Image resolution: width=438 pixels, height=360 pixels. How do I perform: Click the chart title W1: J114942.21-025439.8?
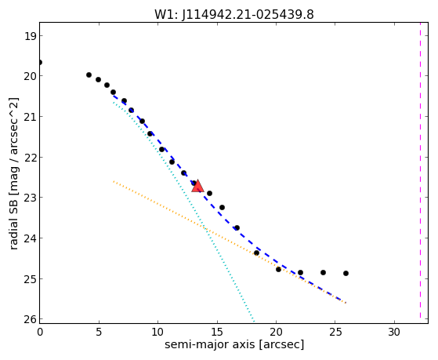pyautogui.click(x=234, y=14)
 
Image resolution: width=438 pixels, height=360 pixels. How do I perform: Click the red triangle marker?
pyautogui.click(x=197, y=187)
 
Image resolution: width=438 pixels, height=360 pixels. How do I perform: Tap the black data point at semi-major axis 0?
pyautogui.click(x=40, y=62)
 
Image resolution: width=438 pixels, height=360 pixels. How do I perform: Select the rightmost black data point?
pyautogui.click(x=346, y=273)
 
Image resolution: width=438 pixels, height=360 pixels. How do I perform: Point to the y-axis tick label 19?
pyautogui.click(x=30, y=36)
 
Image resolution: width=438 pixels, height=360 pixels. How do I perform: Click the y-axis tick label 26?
pyautogui.click(x=30, y=319)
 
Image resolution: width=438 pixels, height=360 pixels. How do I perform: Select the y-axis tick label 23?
pyautogui.click(x=30, y=198)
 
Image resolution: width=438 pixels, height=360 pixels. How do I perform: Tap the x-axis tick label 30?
pyautogui.click(x=394, y=332)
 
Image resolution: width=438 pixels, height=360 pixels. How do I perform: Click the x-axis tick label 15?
pyautogui.click(x=217, y=332)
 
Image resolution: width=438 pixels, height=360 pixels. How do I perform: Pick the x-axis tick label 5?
pyautogui.click(x=99, y=332)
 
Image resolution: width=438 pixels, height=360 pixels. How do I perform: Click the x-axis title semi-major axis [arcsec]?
pyautogui.click(x=234, y=344)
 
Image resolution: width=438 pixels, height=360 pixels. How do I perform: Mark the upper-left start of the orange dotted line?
pyautogui.click(x=114, y=181)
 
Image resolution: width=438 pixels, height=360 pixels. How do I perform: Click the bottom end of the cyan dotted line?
pyautogui.click(x=254, y=322)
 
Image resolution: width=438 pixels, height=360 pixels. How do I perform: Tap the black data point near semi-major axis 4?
pyautogui.click(x=89, y=75)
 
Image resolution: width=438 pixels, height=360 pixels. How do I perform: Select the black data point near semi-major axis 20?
pyautogui.click(x=278, y=269)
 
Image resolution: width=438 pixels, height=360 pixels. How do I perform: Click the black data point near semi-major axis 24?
pyautogui.click(x=323, y=272)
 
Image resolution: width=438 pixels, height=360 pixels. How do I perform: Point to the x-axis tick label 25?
pyautogui.click(x=335, y=332)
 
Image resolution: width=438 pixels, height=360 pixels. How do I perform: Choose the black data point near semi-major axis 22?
pyautogui.click(x=300, y=272)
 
